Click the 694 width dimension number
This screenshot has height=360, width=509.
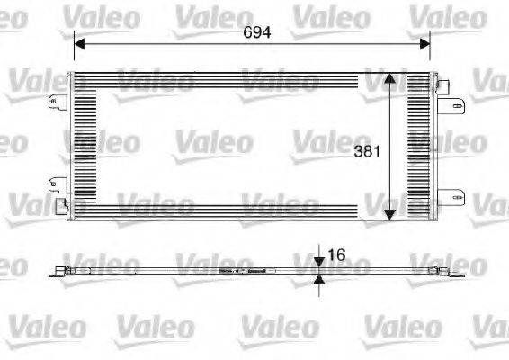point(257,30)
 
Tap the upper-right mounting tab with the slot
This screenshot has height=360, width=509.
point(450,104)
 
